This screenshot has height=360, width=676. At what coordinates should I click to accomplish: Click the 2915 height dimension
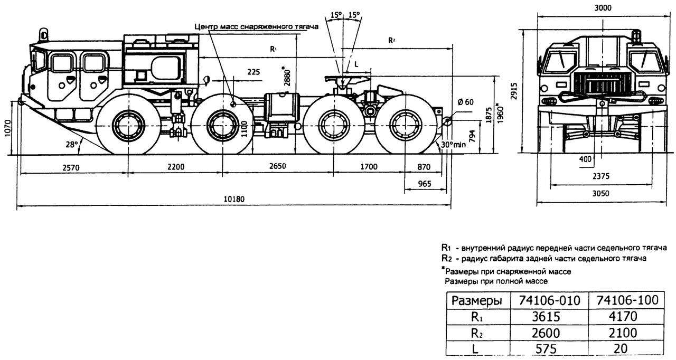coord(520,88)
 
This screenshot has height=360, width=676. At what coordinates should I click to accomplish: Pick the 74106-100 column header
coord(627,300)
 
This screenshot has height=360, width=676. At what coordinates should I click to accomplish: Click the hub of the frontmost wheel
coord(128,125)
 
